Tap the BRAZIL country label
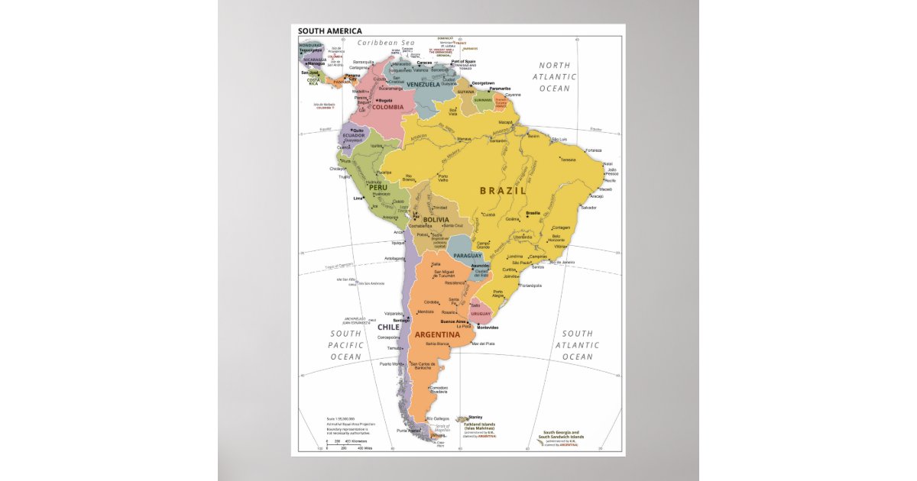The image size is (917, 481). tap(503, 190)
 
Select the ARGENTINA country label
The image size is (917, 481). tap(436, 334)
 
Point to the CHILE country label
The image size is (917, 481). tap(388, 327)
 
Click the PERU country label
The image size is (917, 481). tap(378, 187)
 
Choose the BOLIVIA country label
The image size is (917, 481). tap(436, 220)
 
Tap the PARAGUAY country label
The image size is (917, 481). tap(467, 255)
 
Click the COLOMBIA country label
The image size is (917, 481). tap(387, 107)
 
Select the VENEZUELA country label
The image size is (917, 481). tap(423, 84)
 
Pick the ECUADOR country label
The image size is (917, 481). tap(354, 135)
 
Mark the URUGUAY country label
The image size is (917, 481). tap(481, 314)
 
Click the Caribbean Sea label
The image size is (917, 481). tap(386, 43)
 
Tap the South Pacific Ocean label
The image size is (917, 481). tap(345, 345)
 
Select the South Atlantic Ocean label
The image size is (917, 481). tap(578, 345)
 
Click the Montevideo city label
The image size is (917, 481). tap(488, 328)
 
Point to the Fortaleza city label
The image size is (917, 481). tap(595, 150)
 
